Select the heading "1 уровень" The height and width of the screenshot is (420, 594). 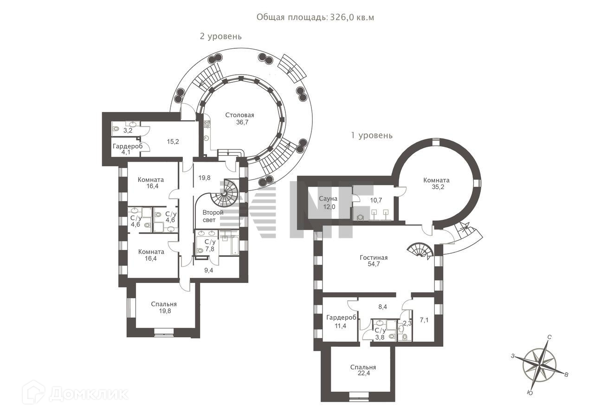click(x=372, y=136)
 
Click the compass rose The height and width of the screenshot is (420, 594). click(x=539, y=365)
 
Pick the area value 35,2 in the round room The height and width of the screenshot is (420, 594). click(x=436, y=189)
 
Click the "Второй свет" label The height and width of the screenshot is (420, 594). click(x=213, y=216)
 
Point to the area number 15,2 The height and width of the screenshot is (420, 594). click(x=173, y=142)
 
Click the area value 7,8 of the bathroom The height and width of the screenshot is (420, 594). click(x=210, y=249)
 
